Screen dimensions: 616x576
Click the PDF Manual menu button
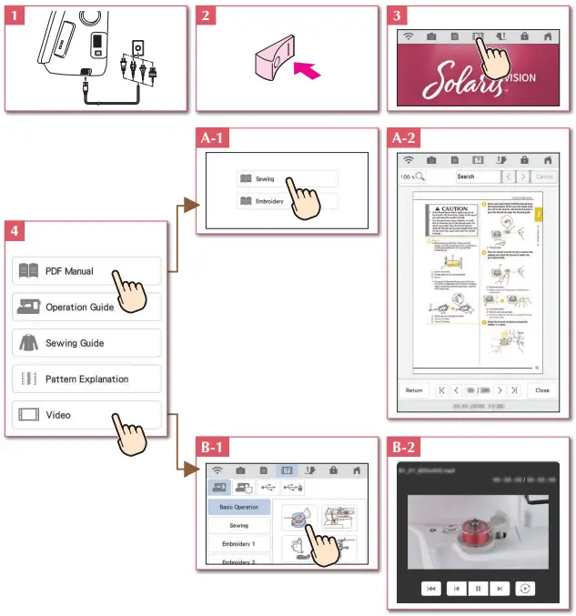86,271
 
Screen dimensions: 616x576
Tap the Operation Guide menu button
86,308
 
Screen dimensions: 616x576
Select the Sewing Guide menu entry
86,343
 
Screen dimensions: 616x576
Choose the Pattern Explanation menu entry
86,379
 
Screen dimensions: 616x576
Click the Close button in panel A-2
542,389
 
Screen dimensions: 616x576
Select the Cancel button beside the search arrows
544,177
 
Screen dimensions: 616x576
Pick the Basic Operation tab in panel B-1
238,507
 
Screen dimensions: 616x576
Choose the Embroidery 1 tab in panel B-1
238,543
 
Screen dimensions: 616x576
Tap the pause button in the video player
478,589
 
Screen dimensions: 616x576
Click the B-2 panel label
405,448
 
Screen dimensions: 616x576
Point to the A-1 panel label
215,139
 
